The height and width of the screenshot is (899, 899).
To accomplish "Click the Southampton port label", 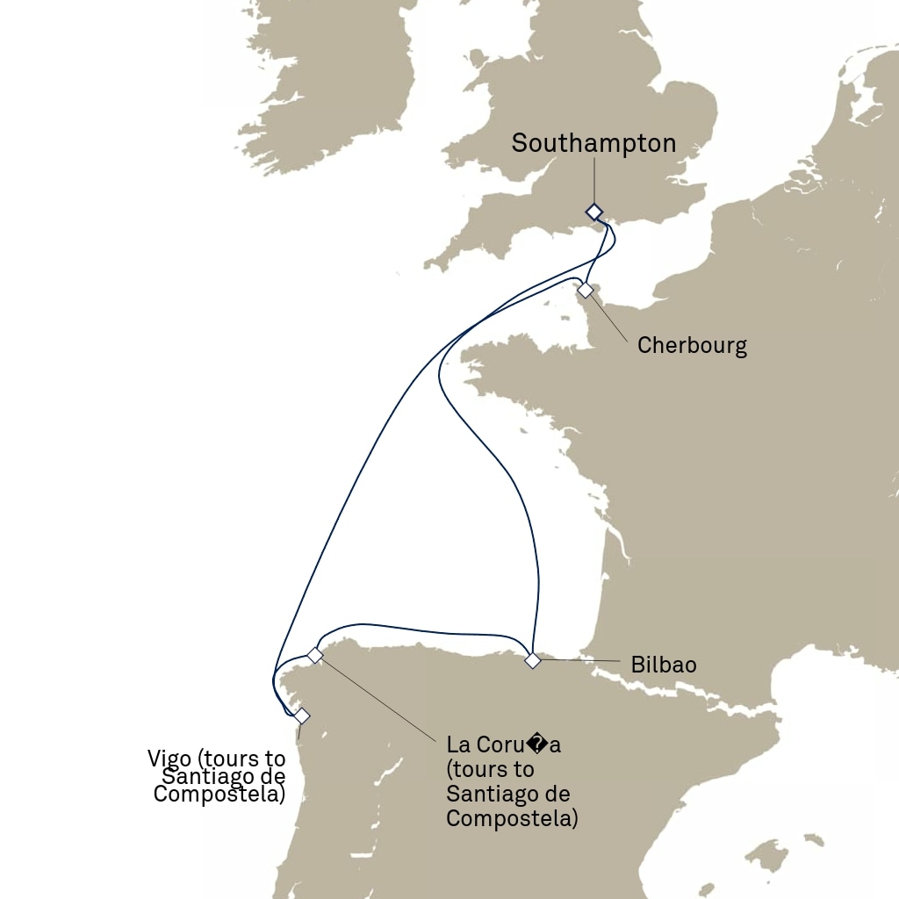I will (x=593, y=144).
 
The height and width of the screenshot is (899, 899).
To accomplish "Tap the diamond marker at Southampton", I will (x=594, y=212).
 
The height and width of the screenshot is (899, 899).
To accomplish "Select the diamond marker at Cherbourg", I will (x=585, y=290).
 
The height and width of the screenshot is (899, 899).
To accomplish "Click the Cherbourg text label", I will (x=692, y=345).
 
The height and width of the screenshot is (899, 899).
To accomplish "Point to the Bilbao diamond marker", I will (x=532, y=660).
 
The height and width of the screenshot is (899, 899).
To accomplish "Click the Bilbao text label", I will (x=663, y=665).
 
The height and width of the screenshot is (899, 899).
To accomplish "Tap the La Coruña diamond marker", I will (x=315, y=655).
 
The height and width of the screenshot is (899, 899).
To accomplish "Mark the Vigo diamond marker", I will (x=301, y=716).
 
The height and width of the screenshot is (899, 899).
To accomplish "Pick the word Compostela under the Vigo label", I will (x=219, y=795).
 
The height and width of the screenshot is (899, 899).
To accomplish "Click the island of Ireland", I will (x=334, y=79).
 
